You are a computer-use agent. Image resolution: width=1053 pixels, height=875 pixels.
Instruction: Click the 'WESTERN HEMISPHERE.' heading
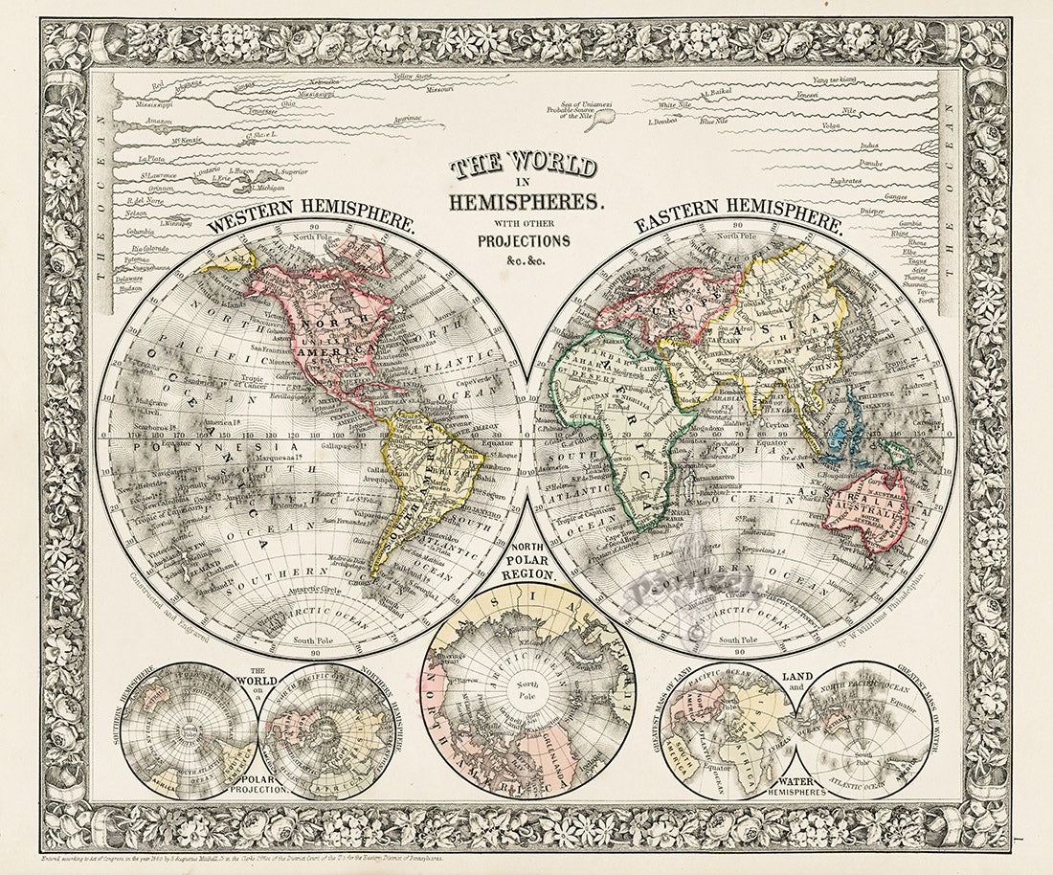click(x=311, y=218)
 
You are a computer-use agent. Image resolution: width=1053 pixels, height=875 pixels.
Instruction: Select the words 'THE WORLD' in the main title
click(x=525, y=166)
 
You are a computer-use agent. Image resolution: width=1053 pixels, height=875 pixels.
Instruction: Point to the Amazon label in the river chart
click(x=153, y=122)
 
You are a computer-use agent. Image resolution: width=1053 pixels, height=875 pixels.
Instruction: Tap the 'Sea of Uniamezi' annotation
click(x=585, y=103)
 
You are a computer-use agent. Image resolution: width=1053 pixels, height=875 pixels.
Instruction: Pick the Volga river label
click(x=831, y=125)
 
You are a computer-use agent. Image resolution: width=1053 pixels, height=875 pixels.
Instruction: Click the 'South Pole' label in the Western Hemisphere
click(x=311, y=639)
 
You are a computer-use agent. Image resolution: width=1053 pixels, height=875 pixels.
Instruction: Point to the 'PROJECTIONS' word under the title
click(x=525, y=240)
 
